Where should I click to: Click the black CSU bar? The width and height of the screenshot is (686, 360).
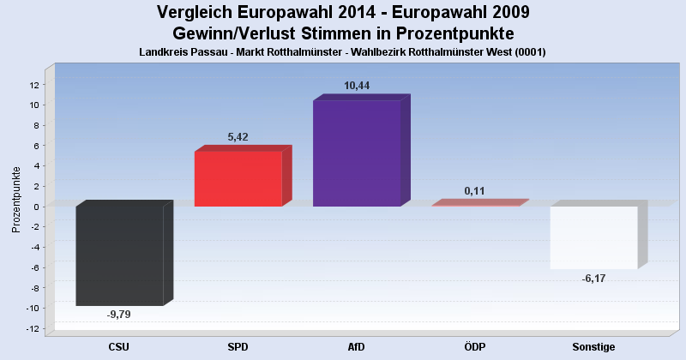119,255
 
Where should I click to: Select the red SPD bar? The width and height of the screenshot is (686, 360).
238,179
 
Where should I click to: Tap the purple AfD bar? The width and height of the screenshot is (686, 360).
357,153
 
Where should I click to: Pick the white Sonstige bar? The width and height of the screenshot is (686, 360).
593,237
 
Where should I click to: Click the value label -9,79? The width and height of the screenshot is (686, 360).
119,315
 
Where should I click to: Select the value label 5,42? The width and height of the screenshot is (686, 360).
238,136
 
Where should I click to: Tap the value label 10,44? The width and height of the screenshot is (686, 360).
357,86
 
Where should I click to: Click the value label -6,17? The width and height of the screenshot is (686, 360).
593,279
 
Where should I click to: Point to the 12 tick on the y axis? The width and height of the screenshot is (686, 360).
34,84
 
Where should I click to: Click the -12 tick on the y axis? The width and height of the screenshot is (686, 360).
33,329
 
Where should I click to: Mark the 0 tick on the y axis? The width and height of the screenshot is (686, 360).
37,207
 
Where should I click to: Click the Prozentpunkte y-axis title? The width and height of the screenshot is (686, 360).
15,199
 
